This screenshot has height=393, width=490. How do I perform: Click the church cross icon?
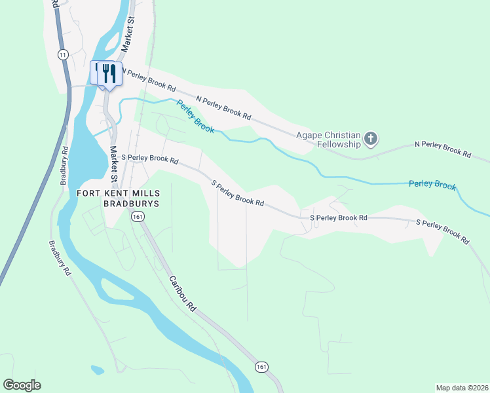pos(371,139)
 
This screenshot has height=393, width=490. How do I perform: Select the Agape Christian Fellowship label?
pos(328,140)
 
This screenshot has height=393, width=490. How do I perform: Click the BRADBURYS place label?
pos(129,203)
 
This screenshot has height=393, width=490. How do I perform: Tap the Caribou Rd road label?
pos(183,293)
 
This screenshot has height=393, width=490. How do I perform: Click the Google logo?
pos(22,385)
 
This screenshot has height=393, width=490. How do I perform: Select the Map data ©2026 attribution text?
pos(461,388)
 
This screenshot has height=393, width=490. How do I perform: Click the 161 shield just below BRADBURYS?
pos(137,216)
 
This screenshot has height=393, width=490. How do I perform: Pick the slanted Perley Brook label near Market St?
pos(195,116)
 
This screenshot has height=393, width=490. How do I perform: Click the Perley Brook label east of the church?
pos(432,185)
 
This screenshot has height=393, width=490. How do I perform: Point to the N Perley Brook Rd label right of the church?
pos(443,150)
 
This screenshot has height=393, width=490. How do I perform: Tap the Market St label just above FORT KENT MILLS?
pos(113,164)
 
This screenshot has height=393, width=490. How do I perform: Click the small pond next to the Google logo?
pos(98,370)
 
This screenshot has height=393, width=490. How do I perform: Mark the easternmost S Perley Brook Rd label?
pos(443,232)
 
